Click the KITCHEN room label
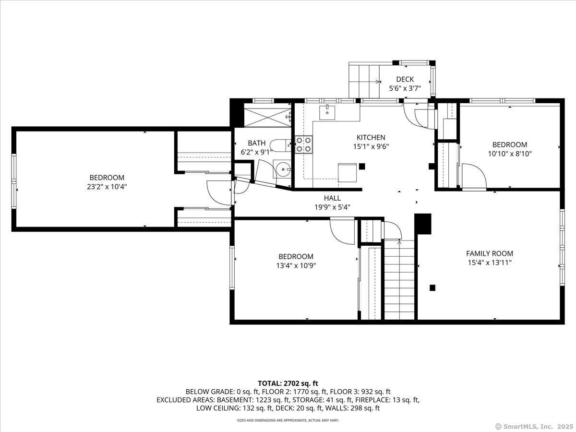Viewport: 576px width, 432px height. click(371, 137)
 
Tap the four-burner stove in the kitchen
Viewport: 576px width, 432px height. click(304, 144)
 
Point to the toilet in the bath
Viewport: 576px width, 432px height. click(280, 145)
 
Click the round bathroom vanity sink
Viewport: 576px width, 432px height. click(283, 169)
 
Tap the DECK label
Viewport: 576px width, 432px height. click(405, 79)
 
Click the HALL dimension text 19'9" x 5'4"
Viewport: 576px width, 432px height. click(332, 207)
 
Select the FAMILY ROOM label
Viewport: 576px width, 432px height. click(490, 253)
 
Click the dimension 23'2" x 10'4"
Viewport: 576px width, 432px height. click(107, 187)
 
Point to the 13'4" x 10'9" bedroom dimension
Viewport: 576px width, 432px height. click(296, 266)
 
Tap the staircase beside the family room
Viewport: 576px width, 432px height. click(399, 280)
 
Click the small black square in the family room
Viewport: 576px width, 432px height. click(432, 288)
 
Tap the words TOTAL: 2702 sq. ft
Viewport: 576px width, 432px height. click(288, 384)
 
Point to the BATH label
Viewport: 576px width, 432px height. click(256, 143)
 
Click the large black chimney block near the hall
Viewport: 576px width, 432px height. click(423, 224)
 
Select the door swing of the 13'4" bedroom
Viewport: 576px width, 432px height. click(342, 231)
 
